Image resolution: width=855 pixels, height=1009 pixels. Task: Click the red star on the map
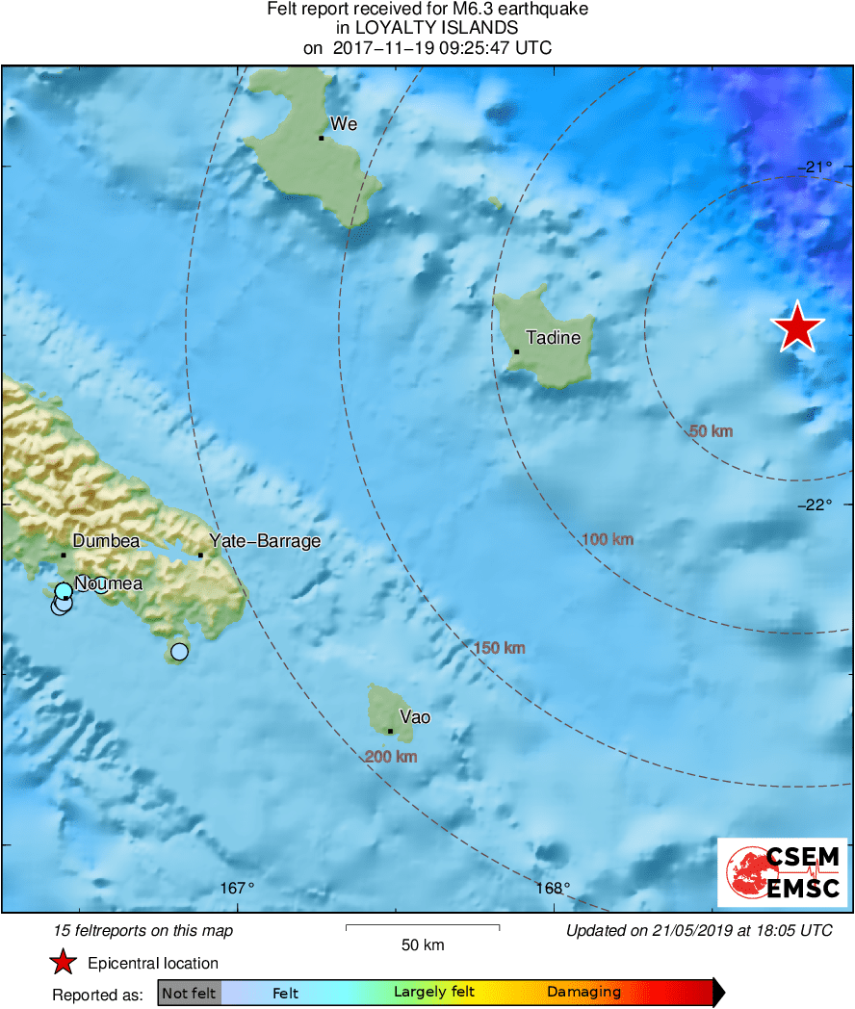[x=798, y=327]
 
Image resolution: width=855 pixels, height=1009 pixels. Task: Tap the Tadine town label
[x=553, y=338]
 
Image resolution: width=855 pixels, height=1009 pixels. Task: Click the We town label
[x=344, y=124]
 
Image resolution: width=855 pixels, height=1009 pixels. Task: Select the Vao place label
[x=415, y=717]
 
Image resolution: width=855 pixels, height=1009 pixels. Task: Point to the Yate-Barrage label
[x=265, y=541]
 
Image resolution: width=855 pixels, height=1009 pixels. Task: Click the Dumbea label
[x=106, y=541]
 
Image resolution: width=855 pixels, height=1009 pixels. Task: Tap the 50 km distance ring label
[x=712, y=431]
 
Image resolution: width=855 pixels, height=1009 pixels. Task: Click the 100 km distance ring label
[x=609, y=539]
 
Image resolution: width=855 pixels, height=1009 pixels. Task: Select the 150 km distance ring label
[x=500, y=648]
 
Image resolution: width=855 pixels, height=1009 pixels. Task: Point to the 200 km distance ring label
[x=391, y=758]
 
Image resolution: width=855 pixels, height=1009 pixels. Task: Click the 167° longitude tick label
[x=238, y=888]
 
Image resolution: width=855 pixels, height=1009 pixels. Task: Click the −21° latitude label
[x=816, y=167]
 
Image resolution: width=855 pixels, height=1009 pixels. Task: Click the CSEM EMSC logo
[x=783, y=872]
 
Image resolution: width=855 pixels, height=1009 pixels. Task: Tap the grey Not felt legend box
[x=189, y=993]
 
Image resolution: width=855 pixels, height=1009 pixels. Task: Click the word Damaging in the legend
[x=583, y=993]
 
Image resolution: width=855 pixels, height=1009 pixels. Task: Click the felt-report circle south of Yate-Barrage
[x=179, y=652]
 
